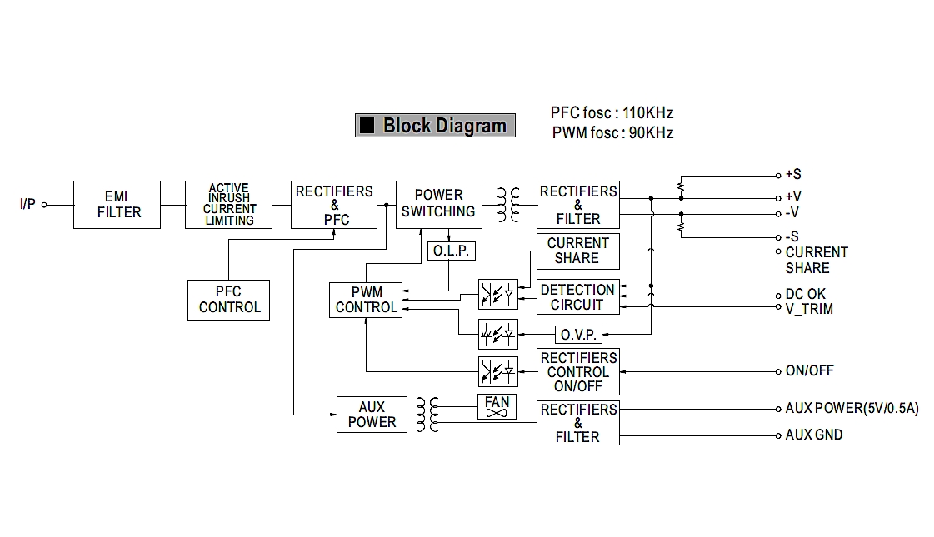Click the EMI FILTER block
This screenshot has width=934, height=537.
117,204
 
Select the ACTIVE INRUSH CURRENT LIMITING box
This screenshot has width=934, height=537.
229,205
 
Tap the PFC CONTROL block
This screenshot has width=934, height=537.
228,300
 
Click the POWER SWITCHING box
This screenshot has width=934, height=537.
438,204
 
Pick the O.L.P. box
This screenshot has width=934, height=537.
451,250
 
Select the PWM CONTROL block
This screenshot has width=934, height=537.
366,300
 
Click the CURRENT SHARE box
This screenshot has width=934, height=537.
577,251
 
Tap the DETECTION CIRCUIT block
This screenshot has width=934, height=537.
577,297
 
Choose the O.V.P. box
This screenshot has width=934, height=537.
577,335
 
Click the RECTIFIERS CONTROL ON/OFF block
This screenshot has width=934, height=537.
577,372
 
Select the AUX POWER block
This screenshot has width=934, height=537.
372,415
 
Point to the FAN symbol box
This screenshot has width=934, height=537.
497,407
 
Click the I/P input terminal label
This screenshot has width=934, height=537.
27,204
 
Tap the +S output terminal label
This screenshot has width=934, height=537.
792,175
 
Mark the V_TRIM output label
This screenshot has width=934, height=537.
808,309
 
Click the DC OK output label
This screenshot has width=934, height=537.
805,294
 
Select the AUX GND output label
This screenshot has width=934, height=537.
813,435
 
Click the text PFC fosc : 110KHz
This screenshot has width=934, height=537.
612,113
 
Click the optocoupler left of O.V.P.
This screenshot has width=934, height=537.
497,334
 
